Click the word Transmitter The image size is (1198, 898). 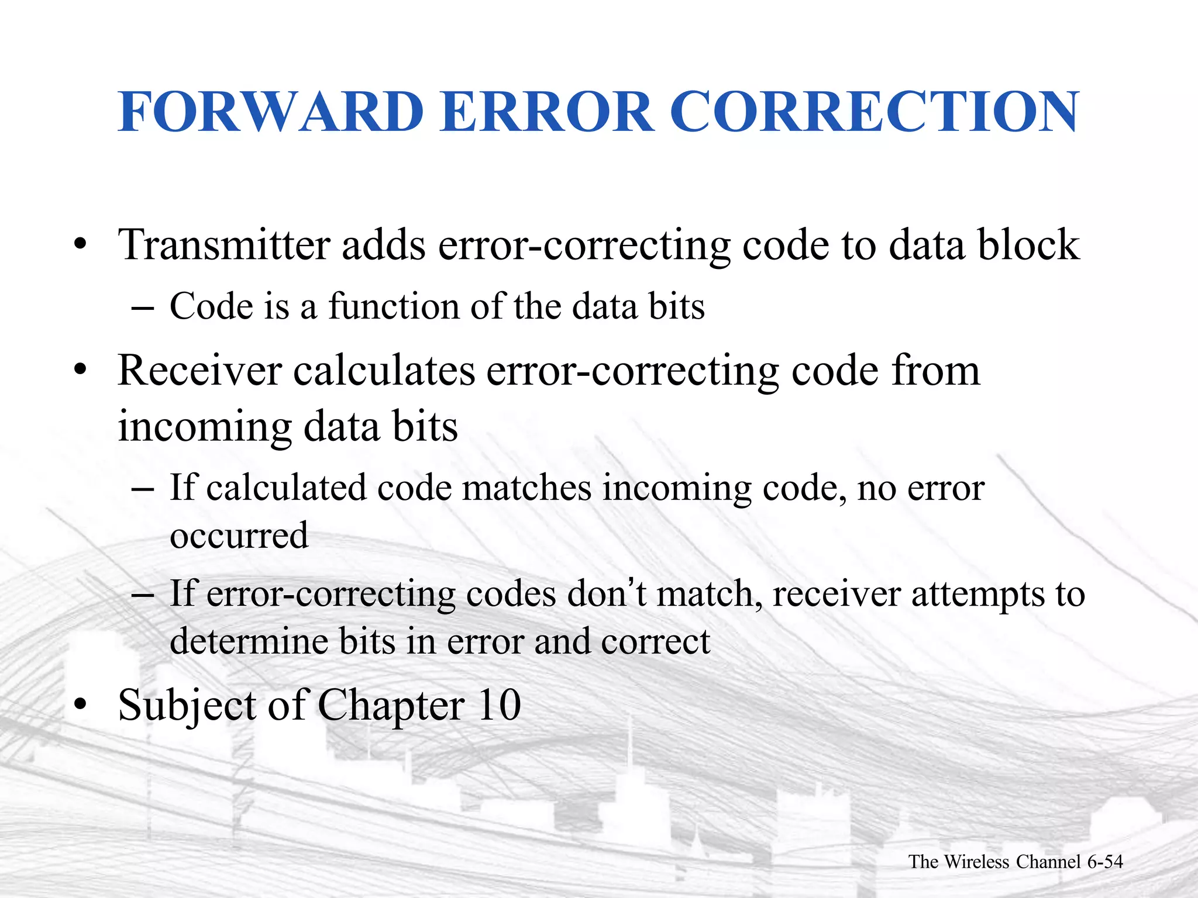224,244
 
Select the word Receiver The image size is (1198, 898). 199,371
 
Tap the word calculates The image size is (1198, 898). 384,371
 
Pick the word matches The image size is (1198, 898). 526,488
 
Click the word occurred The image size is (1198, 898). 239,536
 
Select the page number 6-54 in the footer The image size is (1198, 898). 1105,862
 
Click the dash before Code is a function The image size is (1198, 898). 143,307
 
